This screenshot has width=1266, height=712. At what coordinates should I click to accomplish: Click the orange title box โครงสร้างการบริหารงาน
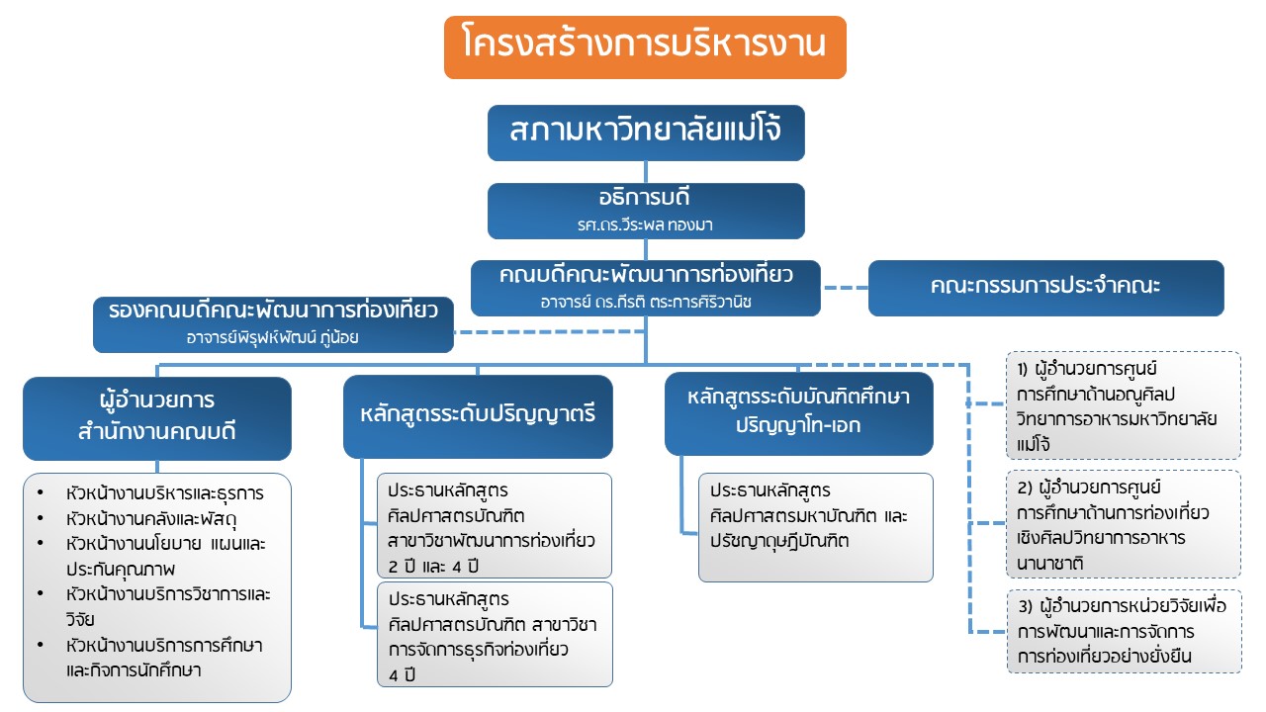tap(645, 46)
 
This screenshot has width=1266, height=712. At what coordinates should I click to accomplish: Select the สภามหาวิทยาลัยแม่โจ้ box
tap(645, 132)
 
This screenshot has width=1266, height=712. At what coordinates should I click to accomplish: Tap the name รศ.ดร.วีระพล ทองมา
tap(645, 224)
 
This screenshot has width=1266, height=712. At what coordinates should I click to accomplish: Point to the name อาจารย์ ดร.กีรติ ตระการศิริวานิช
tap(645, 302)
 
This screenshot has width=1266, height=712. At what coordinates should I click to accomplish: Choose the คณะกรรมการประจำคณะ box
tap(1045, 288)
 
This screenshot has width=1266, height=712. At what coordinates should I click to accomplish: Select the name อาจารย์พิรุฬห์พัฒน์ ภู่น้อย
tap(273, 338)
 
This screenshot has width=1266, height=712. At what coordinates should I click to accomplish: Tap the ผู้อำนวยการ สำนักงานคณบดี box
tap(157, 417)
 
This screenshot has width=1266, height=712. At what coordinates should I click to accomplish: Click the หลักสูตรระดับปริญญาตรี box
tap(478, 415)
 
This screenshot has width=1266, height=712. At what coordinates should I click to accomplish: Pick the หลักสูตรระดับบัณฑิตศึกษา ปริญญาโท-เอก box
tap(798, 412)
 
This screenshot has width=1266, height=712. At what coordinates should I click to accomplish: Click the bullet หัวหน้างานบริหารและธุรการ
tap(164, 492)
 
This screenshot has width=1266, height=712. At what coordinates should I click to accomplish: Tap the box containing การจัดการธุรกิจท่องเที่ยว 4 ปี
tap(495, 634)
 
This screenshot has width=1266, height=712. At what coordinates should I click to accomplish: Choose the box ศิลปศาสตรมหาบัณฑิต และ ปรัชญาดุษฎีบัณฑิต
tap(815, 527)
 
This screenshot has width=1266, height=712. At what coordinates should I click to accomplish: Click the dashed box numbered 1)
tap(1124, 405)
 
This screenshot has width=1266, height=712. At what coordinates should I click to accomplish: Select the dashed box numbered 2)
tap(1124, 525)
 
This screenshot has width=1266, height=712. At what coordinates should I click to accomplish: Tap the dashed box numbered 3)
tap(1124, 631)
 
